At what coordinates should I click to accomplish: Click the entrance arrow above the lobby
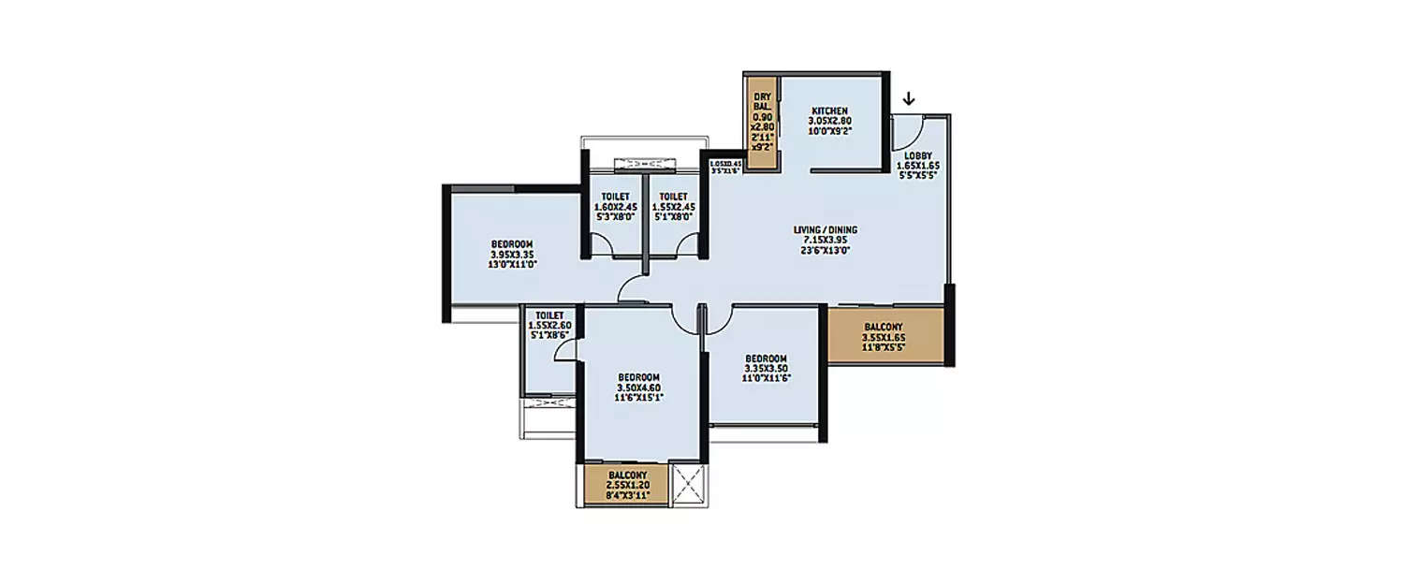click(909, 98)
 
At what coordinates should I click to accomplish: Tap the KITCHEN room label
click(829, 110)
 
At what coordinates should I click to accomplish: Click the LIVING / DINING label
click(825, 229)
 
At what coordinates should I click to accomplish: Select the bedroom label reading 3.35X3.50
click(766, 358)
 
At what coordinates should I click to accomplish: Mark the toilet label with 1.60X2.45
click(614, 196)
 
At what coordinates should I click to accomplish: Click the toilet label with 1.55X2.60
click(549, 315)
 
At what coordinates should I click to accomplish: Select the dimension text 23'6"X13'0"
click(825, 249)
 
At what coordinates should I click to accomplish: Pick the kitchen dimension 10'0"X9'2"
click(829, 132)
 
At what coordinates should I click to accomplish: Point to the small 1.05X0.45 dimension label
click(724, 163)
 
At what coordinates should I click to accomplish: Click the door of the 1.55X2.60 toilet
click(564, 350)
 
